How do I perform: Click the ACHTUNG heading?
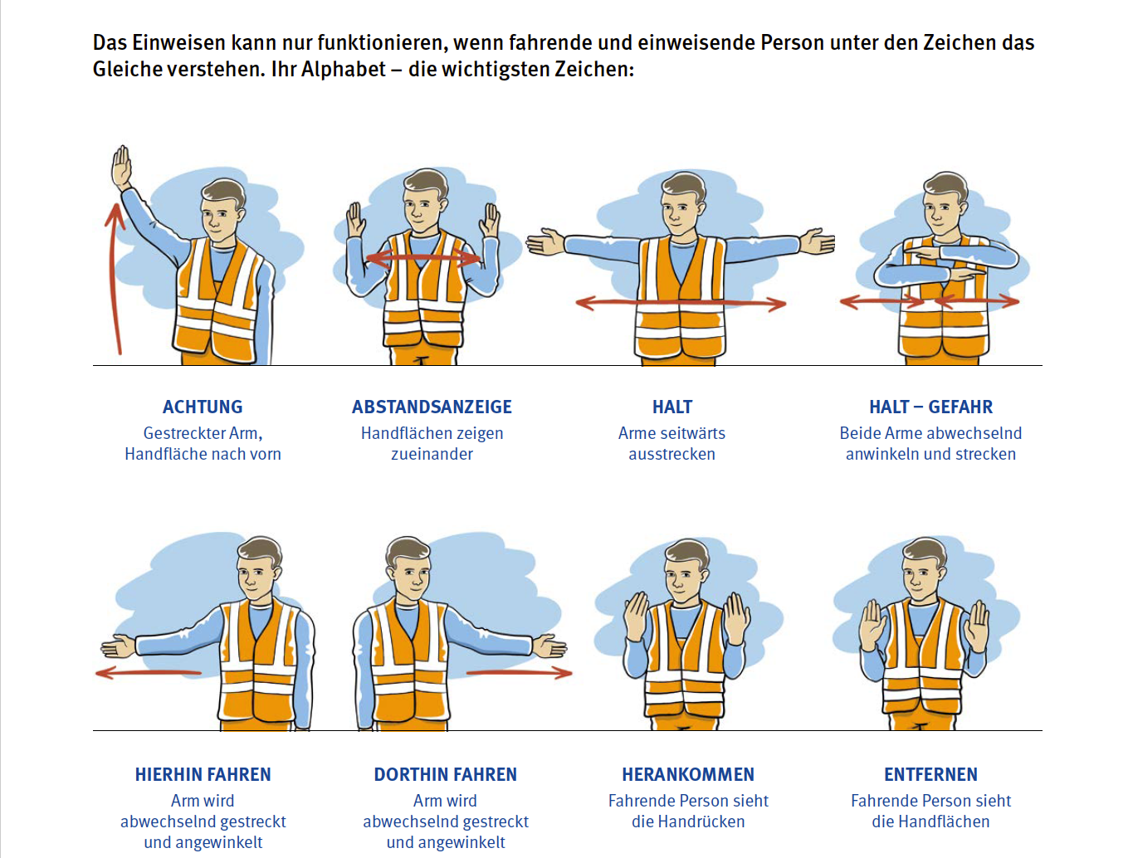click(x=203, y=407)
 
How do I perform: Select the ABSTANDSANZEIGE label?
click(x=432, y=407)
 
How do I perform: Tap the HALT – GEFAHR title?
click(x=930, y=407)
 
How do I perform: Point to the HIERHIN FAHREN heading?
click(x=203, y=774)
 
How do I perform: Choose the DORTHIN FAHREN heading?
click(x=446, y=774)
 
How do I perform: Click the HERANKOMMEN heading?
click(x=688, y=774)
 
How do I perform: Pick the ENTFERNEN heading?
click(x=930, y=774)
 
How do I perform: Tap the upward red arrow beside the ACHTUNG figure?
click(x=114, y=279)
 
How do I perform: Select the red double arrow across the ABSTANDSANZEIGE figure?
click(x=423, y=259)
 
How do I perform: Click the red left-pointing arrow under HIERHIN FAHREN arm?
click(x=149, y=673)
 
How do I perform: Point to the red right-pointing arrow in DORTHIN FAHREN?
click(x=520, y=673)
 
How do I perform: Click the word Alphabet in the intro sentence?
click(x=344, y=69)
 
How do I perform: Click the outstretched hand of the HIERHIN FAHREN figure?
click(x=119, y=647)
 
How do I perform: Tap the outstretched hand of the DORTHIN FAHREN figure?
click(x=549, y=647)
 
